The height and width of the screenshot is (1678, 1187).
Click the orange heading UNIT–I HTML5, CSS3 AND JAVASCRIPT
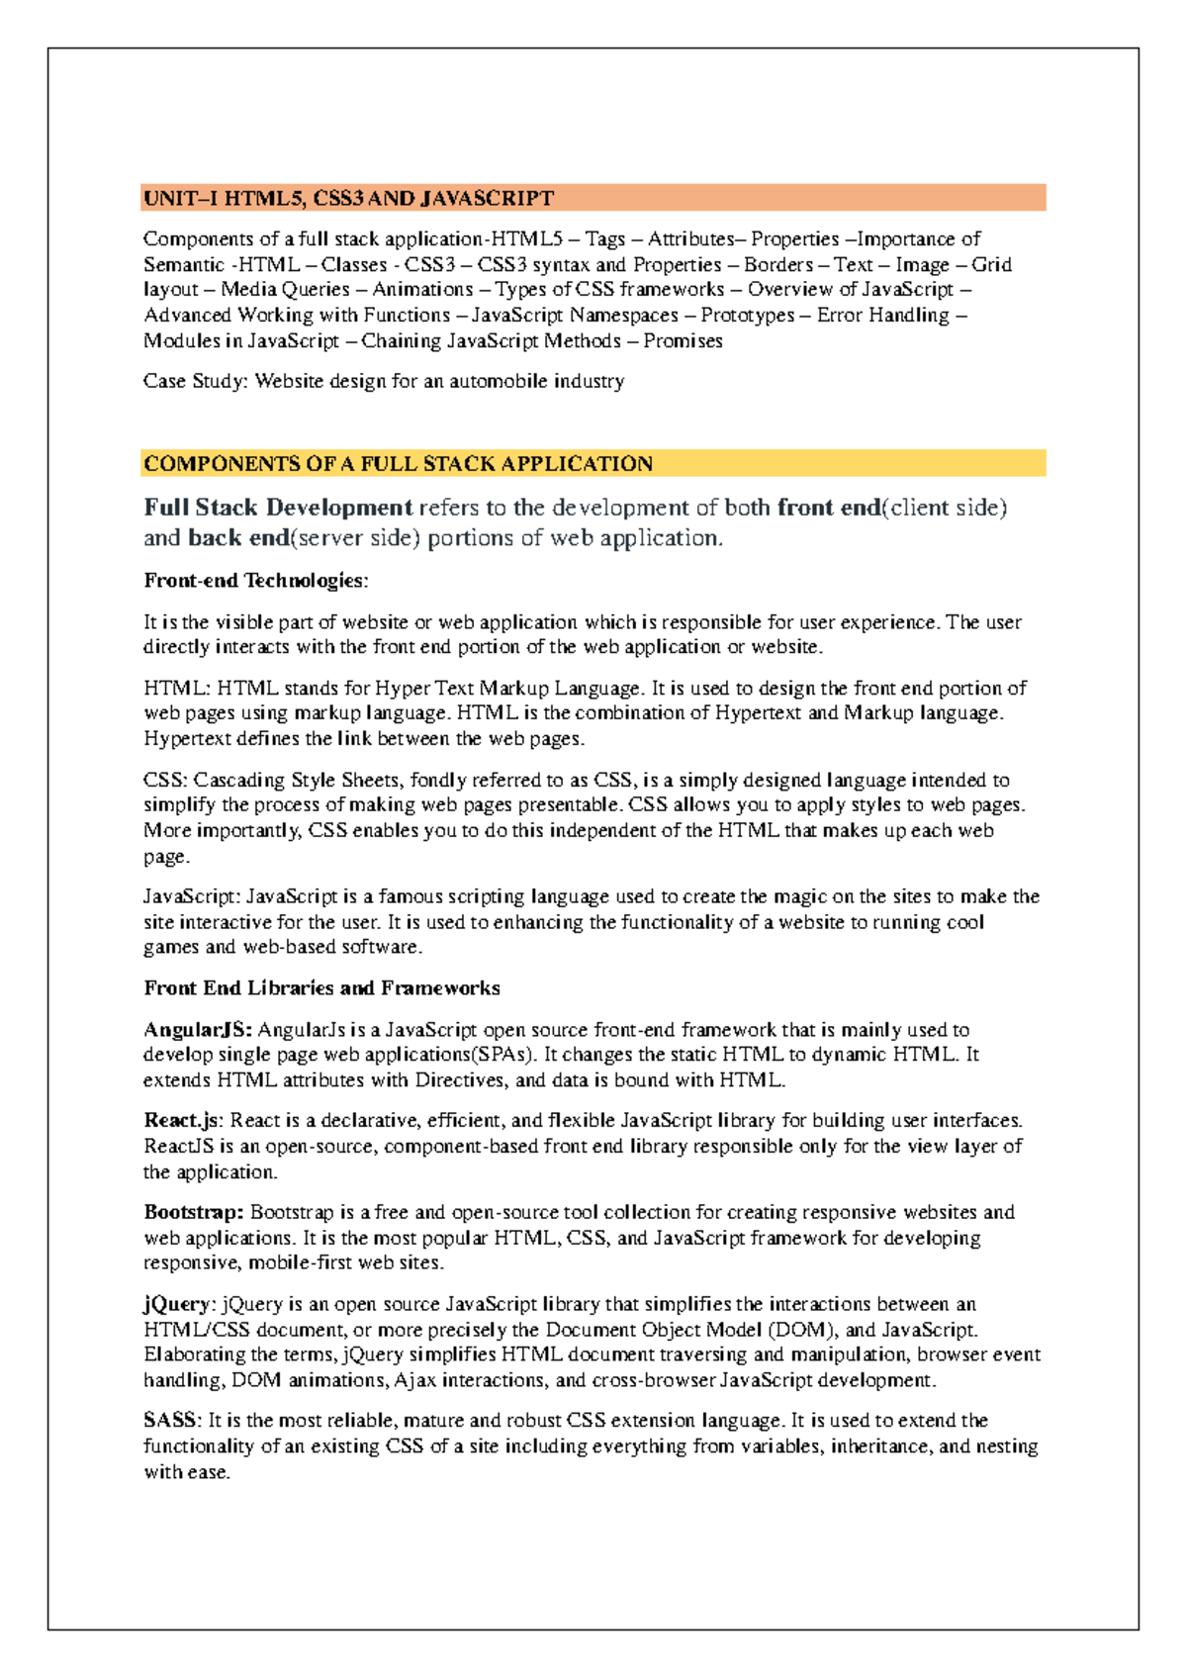348,198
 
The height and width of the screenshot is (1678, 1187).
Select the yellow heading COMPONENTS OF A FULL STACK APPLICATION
398,464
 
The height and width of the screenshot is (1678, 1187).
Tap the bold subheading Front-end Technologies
255,581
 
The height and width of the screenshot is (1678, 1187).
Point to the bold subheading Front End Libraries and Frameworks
321,988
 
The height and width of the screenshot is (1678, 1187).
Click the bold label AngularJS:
198,1030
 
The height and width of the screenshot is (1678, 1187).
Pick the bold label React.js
183,1121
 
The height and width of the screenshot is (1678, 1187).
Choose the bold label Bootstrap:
194,1213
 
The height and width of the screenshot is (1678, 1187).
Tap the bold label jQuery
177,1304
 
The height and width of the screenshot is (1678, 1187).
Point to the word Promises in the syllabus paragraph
683,341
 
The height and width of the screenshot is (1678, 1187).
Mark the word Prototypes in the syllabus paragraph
747,316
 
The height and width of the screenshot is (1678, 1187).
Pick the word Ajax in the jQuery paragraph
415,1380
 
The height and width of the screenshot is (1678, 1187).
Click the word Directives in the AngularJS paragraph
461,1080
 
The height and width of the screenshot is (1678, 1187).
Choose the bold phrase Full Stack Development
278,509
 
